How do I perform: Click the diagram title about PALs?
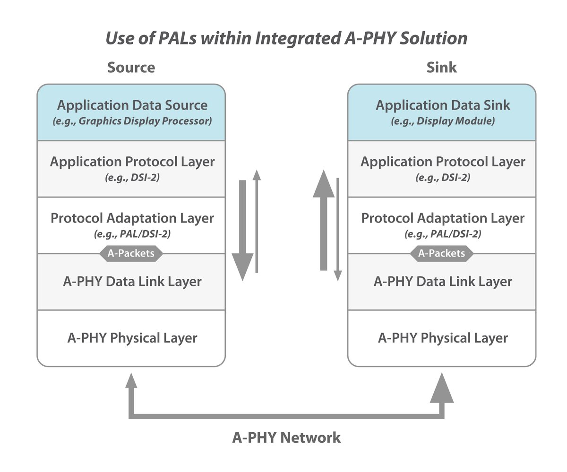click(286, 38)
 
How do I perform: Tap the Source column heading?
click(131, 67)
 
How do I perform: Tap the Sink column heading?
click(442, 67)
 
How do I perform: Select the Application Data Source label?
click(132, 105)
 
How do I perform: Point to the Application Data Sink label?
click(443, 105)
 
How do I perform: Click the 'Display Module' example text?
click(443, 121)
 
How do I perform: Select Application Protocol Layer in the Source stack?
click(132, 162)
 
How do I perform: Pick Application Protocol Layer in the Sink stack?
click(443, 162)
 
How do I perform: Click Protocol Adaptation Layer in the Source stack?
click(132, 218)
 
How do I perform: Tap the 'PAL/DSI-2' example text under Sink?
click(443, 234)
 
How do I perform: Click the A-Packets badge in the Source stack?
click(131, 253)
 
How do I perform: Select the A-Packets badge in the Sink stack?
click(442, 253)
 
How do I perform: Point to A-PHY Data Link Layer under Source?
click(132, 282)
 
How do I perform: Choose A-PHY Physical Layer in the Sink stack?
click(443, 338)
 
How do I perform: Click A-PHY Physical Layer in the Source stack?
click(132, 338)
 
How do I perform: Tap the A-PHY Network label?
click(286, 438)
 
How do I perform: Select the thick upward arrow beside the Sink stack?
click(324, 222)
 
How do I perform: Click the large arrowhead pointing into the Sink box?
click(442, 388)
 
